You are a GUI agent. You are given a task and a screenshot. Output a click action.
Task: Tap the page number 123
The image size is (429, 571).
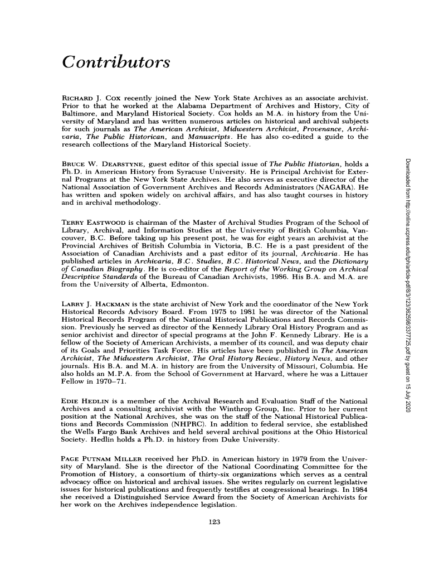click(x=214, y=522)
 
